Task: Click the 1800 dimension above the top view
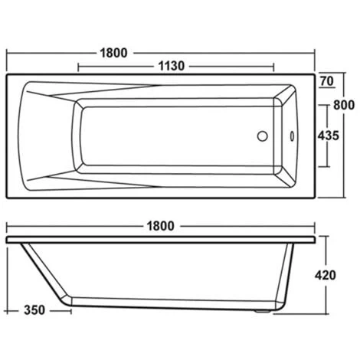click(x=113, y=53)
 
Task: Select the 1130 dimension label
click(x=172, y=66)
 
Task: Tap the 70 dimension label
click(x=327, y=81)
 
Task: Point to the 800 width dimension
click(x=344, y=105)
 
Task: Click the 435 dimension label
click(x=328, y=136)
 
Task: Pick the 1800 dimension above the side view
click(x=161, y=226)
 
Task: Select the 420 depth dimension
click(x=325, y=275)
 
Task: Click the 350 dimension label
click(x=34, y=310)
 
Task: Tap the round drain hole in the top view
click(x=262, y=136)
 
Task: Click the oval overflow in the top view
click(x=292, y=136)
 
